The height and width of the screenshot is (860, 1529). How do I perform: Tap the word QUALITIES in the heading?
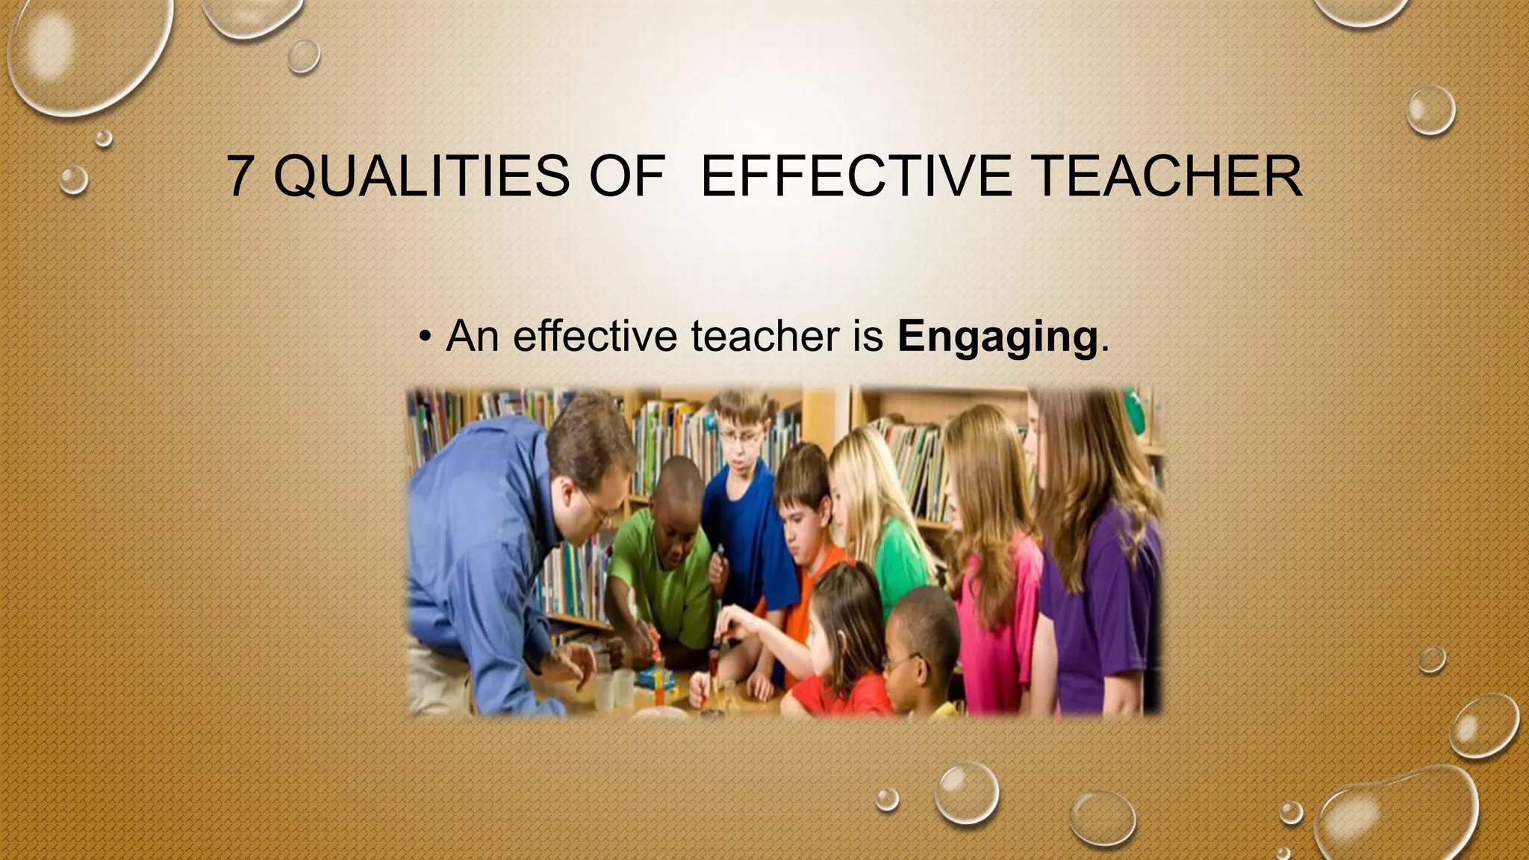(x=420, y=176)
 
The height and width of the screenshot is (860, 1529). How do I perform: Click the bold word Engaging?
(x=997, y=337)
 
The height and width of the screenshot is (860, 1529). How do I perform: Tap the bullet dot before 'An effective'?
(x=424, y=337)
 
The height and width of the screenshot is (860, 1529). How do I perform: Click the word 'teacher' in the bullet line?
(x=764, y=337)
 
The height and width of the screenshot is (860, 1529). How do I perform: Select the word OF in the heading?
(x=626, y=176)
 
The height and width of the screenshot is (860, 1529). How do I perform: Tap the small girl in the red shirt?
(x=844, y=649)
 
